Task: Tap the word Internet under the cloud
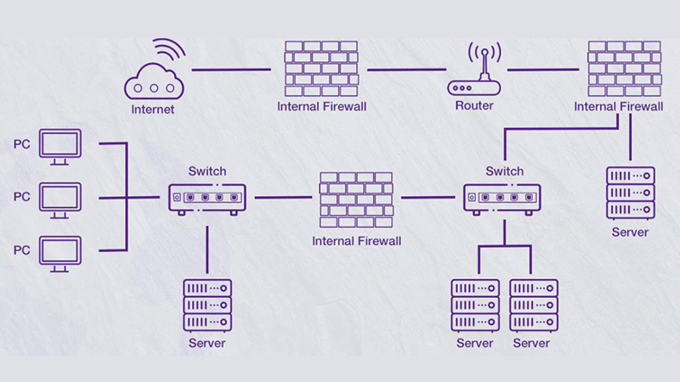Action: point(153,109)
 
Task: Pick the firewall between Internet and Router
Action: point(322,67)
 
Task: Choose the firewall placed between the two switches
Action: point(356,200)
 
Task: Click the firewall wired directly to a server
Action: point(625,67)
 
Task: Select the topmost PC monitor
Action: point(59,147)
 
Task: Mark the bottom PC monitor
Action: point(59,253)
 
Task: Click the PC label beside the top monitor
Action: point(21,143)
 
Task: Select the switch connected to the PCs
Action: point(207,198)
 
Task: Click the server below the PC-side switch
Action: point(207,304)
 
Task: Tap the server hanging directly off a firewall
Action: point(630,192)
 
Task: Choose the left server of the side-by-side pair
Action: point(474,304)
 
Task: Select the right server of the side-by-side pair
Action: point(533,304)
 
